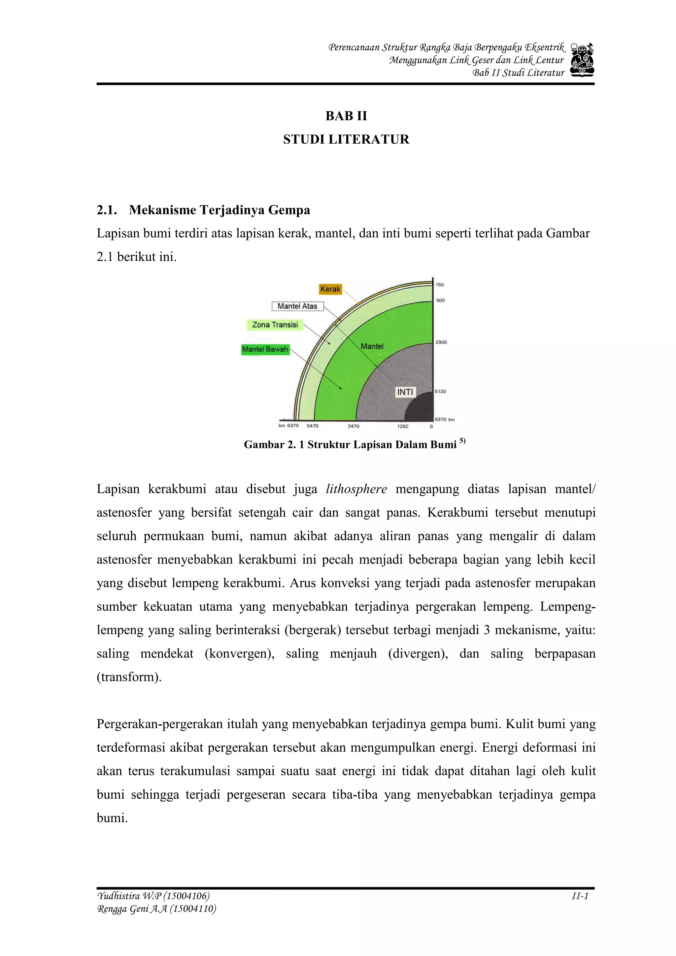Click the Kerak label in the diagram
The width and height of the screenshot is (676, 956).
point(330,289)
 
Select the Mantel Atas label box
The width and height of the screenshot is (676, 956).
point(297,306)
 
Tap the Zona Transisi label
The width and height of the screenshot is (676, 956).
point(275,325)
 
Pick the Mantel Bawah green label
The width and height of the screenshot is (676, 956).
point(265,349)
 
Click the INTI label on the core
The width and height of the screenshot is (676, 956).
point(405,392)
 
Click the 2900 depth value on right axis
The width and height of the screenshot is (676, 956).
point(441,342)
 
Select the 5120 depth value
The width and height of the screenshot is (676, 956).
point(440,391)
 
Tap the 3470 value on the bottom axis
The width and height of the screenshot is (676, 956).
point(353,426)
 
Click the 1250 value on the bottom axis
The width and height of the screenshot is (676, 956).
point(403,426)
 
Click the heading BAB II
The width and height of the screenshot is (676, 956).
point(346,116)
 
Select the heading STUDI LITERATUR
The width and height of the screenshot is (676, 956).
point(346,140)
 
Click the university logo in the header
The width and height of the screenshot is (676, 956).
point(582,60)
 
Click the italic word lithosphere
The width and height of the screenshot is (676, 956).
point(356,489)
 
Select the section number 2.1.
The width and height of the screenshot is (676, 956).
point(107,210)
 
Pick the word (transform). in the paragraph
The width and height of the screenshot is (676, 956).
point(129,677)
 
